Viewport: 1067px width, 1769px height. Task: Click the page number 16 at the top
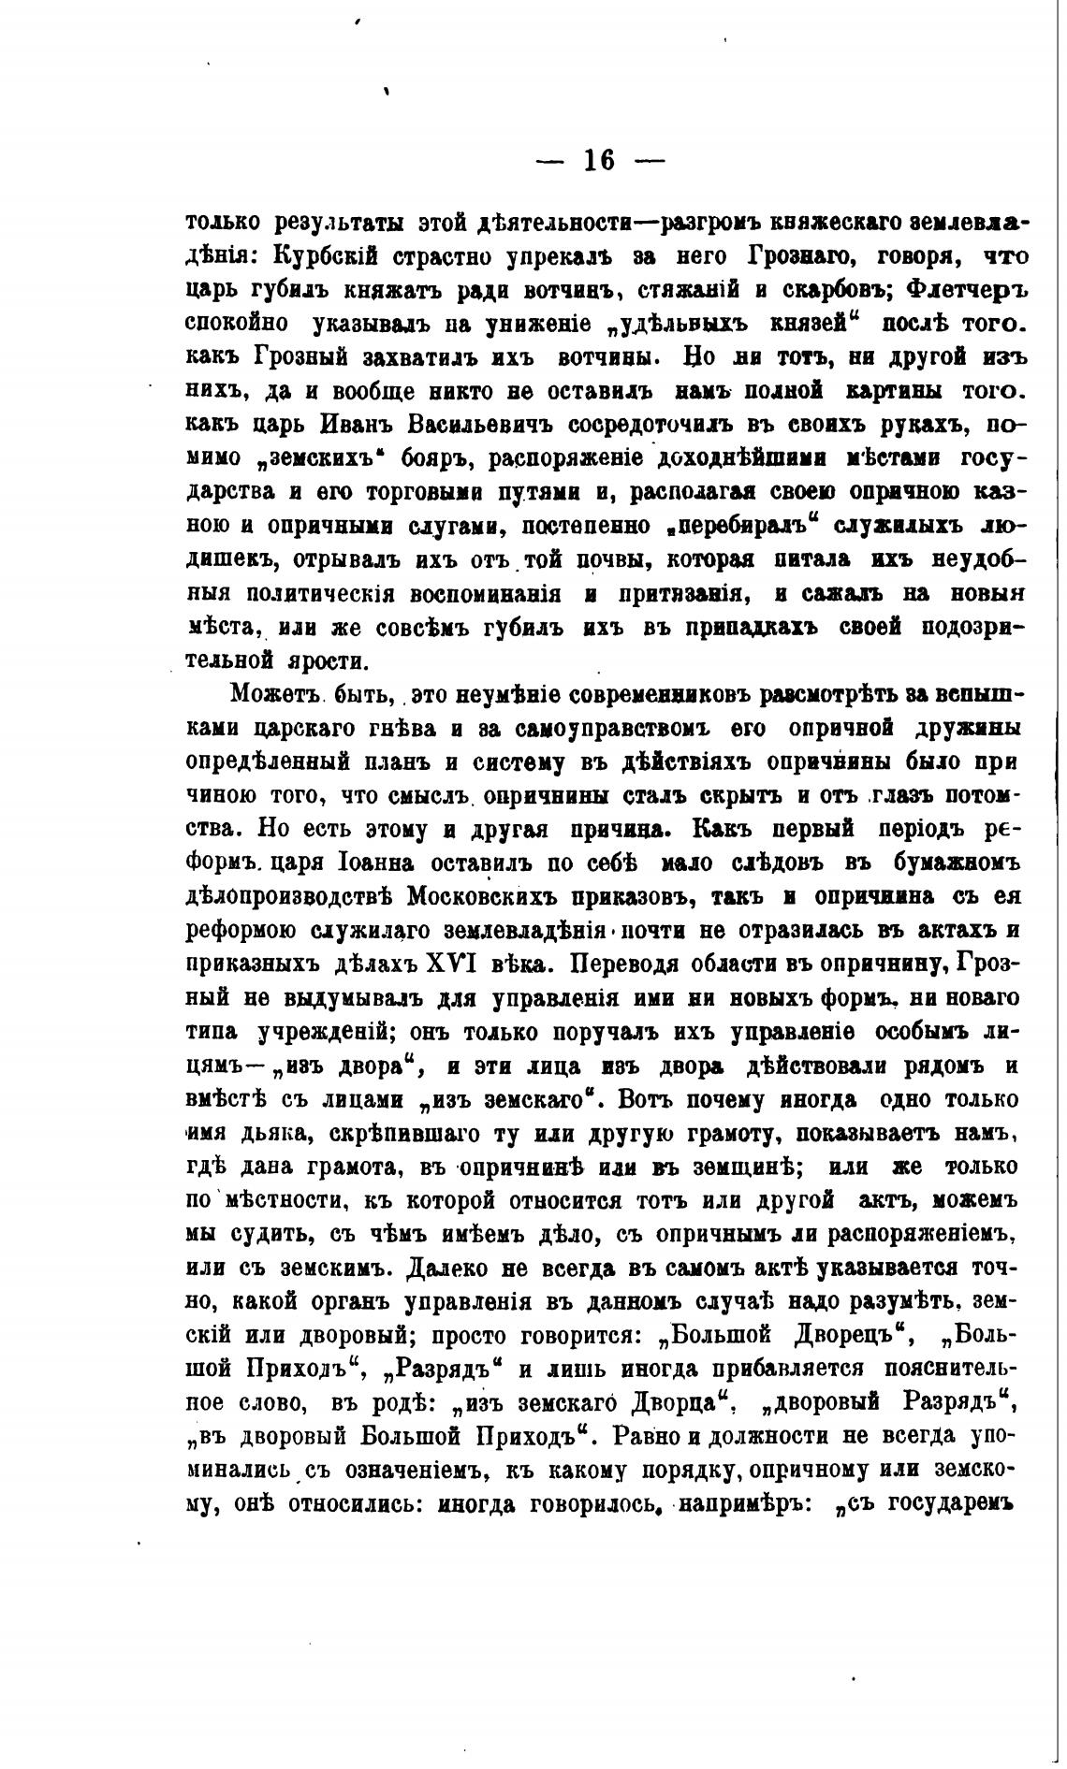click(x=600, y=161)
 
